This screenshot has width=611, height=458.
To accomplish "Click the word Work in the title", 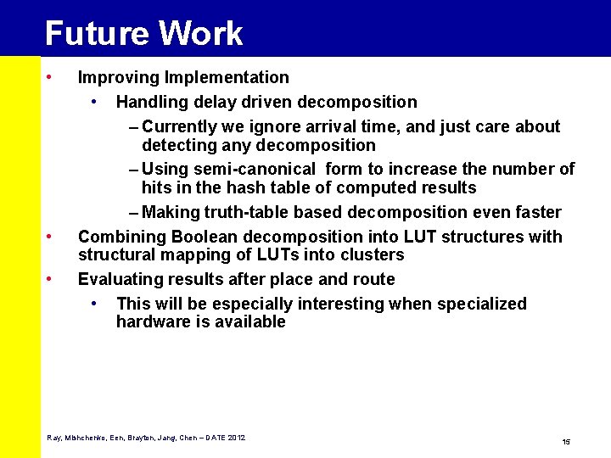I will [200, 34].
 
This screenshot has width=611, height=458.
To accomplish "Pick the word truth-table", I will [245, 212].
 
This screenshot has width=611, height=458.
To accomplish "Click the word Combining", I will [119, 237].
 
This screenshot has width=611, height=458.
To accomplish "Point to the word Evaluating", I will [117, 279].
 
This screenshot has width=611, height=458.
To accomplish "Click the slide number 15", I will [566, 442].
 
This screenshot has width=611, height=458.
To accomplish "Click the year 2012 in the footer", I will [236, 438].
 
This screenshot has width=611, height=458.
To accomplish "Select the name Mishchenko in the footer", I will [83, 438].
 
